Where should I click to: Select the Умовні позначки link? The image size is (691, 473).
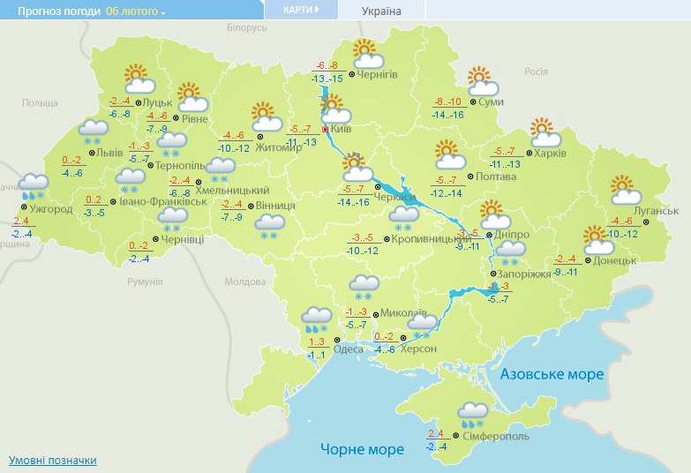52,461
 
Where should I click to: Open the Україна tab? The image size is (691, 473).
381,11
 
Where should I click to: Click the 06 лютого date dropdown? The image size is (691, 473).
135,11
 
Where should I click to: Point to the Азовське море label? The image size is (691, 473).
552,374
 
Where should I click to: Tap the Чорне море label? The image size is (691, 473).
362,449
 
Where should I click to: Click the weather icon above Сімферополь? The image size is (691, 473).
473,413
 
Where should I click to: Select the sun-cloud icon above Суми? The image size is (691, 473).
482,81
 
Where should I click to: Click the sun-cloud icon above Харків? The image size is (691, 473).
546,132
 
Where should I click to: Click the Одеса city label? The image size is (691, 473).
349,348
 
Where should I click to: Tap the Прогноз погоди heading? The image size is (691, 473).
49,11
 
